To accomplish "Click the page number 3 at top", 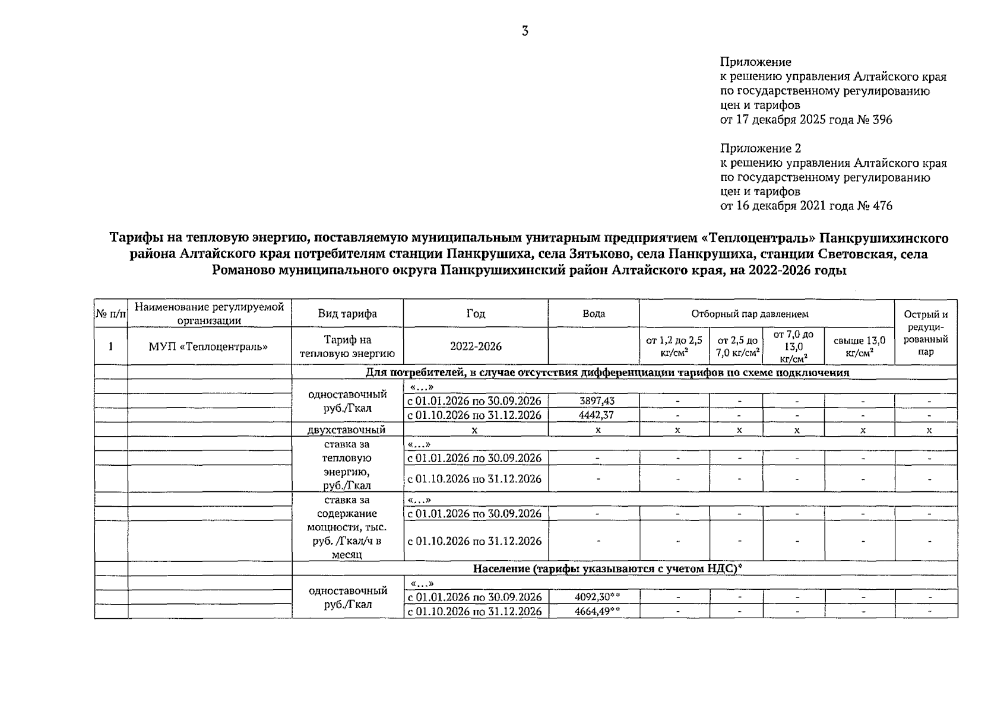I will [x=525, y=31].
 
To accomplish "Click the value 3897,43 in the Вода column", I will [x=597, y=401].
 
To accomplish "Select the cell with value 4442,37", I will [x=597, y=415].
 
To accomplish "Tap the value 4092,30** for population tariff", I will [x=597, y=597].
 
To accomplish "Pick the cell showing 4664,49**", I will [x=597, y=612].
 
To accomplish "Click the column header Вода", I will [x=594, y=314].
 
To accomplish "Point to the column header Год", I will [x=476, y=314].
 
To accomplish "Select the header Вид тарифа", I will [x=347, y=314].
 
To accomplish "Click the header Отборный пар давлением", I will [x=749, y=314].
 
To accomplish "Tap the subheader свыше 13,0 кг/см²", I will [x=859, y=346].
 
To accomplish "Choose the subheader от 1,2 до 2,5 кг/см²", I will [x=674, y=346].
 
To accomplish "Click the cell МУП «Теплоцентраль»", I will [x=208, y=346].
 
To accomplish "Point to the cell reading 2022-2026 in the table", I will [x=476, y=346].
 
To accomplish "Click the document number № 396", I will [x=875, y=120].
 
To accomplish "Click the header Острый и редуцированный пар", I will [x=926, y=332].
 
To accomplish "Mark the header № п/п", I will [x=111, y=314].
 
